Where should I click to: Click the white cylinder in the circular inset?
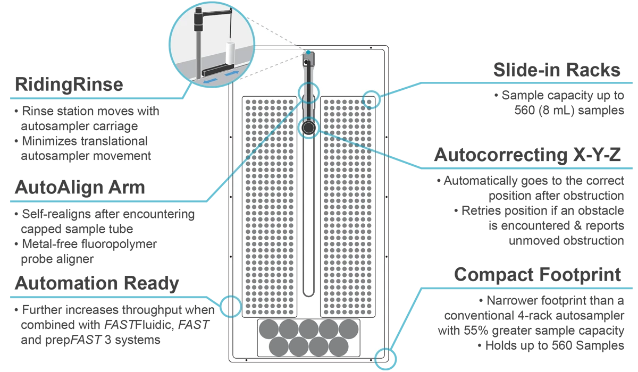(230, 53)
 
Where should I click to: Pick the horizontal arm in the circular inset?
(215, 10)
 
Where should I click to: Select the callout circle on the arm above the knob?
(309, 91)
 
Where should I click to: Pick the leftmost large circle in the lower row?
(279, 346)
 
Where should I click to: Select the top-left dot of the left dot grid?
(248, 100)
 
